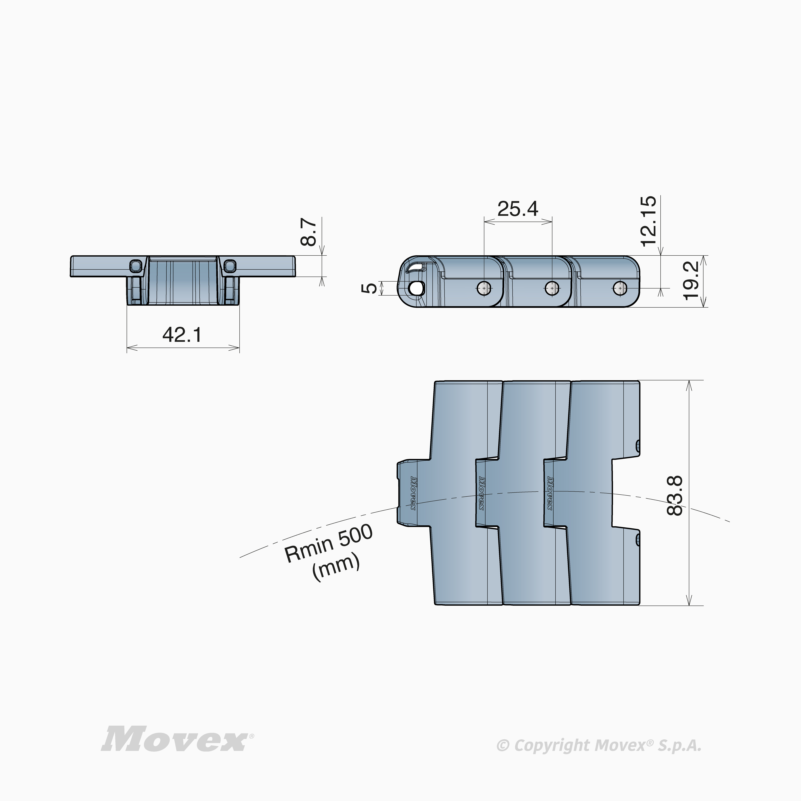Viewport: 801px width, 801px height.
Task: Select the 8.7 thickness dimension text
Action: pyautogui.click(x=309, y=233)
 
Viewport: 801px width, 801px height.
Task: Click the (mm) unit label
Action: pyautogui.click(x=336, y=568)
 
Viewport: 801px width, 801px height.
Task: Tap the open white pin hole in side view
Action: pyautogui.click(x=415, y=287)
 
